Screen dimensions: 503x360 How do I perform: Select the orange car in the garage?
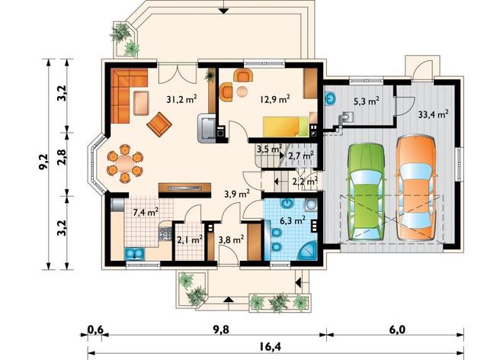pos(416,188)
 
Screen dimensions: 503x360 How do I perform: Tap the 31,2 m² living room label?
pos(181,99)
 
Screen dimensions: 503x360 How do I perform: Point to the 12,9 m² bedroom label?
pos(275,99)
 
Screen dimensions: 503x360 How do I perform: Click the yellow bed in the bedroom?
pos(286,127)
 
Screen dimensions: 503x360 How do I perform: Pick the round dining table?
pos(125,164)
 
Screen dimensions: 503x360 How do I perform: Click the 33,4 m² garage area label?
pos(433,114)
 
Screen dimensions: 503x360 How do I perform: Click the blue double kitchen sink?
pos(134,253)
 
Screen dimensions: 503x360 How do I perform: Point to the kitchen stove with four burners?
pos(165,234)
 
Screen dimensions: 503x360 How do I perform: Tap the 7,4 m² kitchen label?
pos(146,212)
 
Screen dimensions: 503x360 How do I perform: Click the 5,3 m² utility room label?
pos(367,101)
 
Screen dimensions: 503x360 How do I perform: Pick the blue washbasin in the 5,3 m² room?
pos(330,98)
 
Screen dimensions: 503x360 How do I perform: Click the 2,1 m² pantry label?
pos(189,239)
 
